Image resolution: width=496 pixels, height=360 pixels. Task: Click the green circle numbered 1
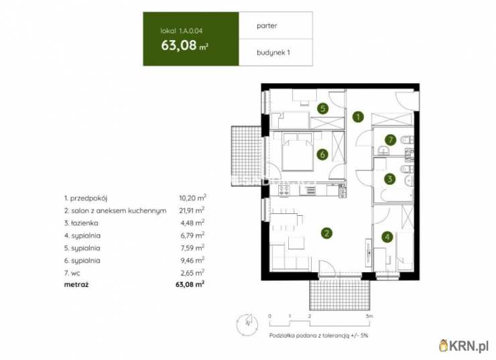[359, 117]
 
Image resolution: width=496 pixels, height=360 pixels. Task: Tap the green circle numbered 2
[326, 233]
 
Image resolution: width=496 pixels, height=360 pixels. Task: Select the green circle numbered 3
[389, 179]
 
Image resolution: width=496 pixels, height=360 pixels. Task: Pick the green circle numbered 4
[387, 236]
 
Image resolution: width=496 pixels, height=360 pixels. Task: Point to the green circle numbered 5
[322, 108]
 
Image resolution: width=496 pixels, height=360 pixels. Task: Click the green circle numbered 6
[322, 155]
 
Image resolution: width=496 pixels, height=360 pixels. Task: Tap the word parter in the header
[268, 26]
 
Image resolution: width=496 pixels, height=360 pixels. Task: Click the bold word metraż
[76, 284]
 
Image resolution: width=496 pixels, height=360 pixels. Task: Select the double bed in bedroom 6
[296, 154]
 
